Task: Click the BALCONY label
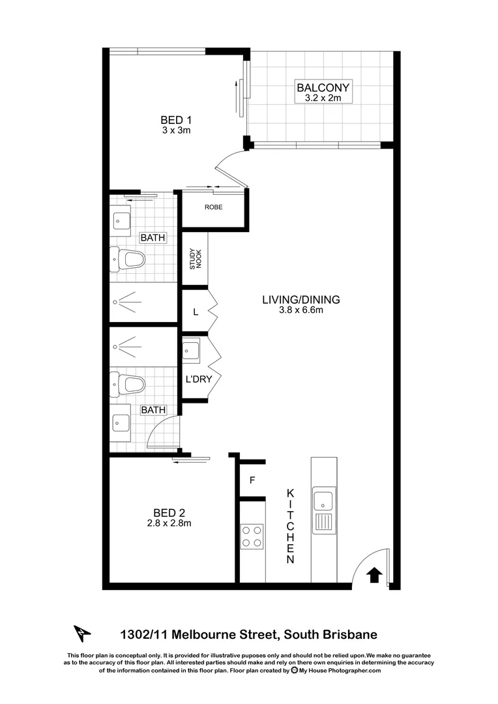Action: coord(323,87)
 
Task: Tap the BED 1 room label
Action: coord(175,119)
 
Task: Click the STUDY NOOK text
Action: coord(195,259)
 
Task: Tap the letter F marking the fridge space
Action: coord(251,482)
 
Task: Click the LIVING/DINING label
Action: coord(301,300)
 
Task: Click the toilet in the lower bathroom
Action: coord(128,383)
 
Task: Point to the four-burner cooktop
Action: coord(252,536)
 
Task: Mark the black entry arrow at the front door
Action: coord(374,574)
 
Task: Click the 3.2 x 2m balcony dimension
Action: coord(323,98)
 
